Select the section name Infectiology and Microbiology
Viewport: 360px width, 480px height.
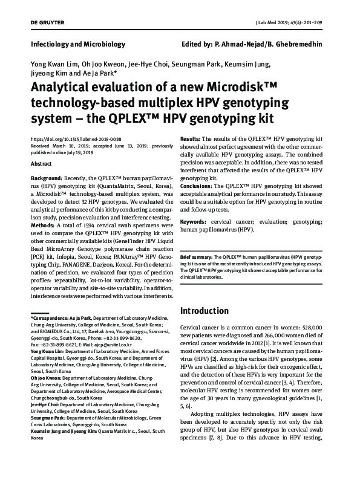click(x=77, y=44)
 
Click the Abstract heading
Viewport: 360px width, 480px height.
click(x=41, y=164)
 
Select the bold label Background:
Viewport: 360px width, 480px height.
click(x=46, y=180)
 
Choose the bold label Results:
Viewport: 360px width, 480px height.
click(x=192, y=139)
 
